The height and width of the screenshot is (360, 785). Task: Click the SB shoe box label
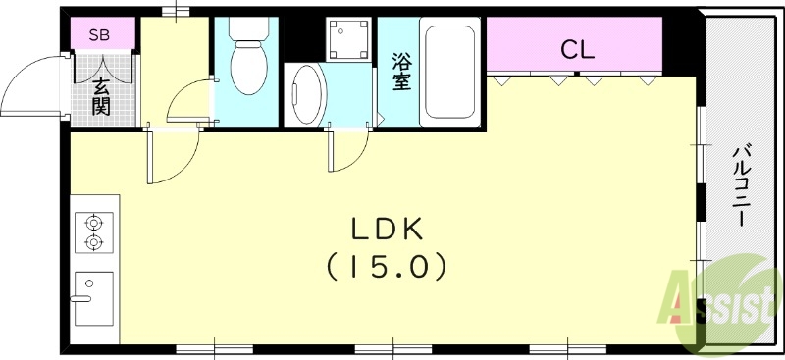pyautogui.click(x=99, y=36)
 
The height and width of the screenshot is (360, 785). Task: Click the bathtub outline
pyautogui.click(x=450, y=74)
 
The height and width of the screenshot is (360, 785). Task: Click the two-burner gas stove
pyautogui.click(x=94, y=232)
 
